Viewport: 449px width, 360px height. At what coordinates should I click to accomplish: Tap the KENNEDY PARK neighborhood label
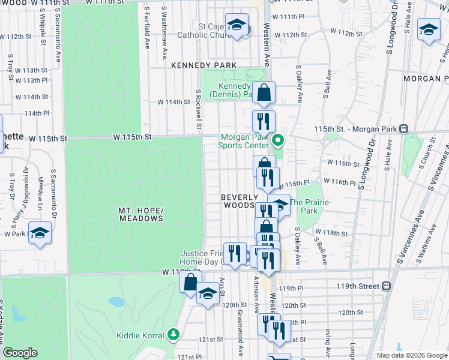click(203, 65)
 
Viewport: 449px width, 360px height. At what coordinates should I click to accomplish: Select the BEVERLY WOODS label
click(240, 201)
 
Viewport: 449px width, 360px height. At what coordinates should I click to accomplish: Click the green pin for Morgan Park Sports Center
click(278, 142)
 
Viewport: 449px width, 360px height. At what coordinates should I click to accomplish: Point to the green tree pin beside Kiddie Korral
click(173, 334)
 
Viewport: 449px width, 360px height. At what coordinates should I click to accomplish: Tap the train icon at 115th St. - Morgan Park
click(404, 128)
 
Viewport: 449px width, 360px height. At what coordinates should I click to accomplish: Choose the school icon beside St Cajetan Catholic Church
click(237, 25)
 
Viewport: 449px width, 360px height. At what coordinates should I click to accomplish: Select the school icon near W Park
click(40, 233)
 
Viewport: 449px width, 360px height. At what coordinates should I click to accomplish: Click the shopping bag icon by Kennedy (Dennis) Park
click(263, 93)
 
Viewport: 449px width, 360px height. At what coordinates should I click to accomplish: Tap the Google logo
click(20, 353)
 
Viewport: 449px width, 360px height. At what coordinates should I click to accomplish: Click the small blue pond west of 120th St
click(115, 301)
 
